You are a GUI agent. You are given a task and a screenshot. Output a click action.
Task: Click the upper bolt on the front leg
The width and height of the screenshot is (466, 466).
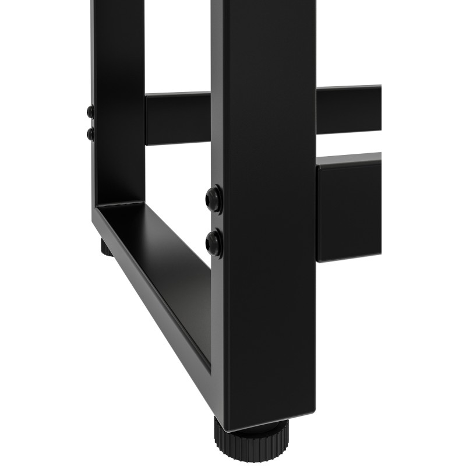click(214, 199)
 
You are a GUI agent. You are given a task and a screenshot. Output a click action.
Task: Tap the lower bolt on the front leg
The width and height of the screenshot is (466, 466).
click(214, 242)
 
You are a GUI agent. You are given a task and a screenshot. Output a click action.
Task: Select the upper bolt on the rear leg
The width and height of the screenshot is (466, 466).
click(90, 111)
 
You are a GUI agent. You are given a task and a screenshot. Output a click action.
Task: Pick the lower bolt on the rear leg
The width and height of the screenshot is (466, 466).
click(90, 134)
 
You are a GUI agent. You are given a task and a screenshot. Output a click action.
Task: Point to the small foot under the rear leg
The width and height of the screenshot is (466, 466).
click(105, 247)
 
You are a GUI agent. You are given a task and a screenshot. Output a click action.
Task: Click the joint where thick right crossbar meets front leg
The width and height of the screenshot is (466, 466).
click(317, 210)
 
